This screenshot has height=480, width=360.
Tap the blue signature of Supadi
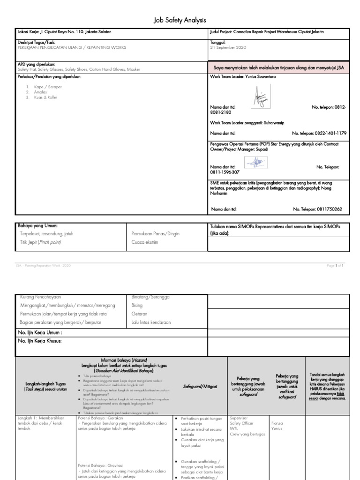click(255, 162)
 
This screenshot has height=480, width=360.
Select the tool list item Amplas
click(40, 92)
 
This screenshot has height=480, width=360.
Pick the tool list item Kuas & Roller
click(45, 97)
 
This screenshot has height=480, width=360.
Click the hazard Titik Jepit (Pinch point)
click(41, 242)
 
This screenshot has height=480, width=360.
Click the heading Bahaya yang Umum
click(37, 226)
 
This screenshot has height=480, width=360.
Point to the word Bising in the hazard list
click(137, 305)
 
